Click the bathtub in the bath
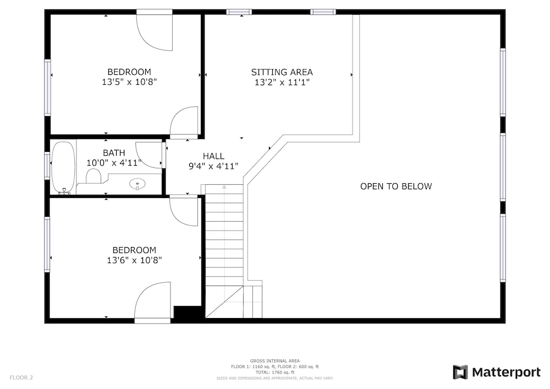pyautogui.click(x=63, y=168)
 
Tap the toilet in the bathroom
pyautogui.click(x=94, y=176)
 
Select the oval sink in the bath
pyautogui.click(x=137, y=183)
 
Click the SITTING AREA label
pyautogui.click(x=282, y=72)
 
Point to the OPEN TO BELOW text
pyautogui.click(x=396, y=187)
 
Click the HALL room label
pyautogui.click(x=213, y=156)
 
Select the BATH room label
pyautogui.click(x=114, y=153)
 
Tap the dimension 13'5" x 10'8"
pyautogui.click(x=129, y=82)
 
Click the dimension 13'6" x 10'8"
pyautogui.click(x=134, y=260)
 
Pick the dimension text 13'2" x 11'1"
pyautogui.click(x=282, y=83)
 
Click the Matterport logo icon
pyautogui.click(x=460, y=372)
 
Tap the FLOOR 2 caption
pyautogui.click(x=21, y=378)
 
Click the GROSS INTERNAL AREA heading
pyautogui.click(x=274, y=361)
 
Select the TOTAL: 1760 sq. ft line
pyautogui.click(x=274, y=372)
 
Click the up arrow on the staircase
pyautogui.click(x=224, y=187)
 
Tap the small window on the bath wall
pyautogui.click(x=47, y=165)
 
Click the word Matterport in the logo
pyautogui.click(x=506, y=372)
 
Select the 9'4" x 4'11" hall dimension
pyautogui.click(x=213, y=166)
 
